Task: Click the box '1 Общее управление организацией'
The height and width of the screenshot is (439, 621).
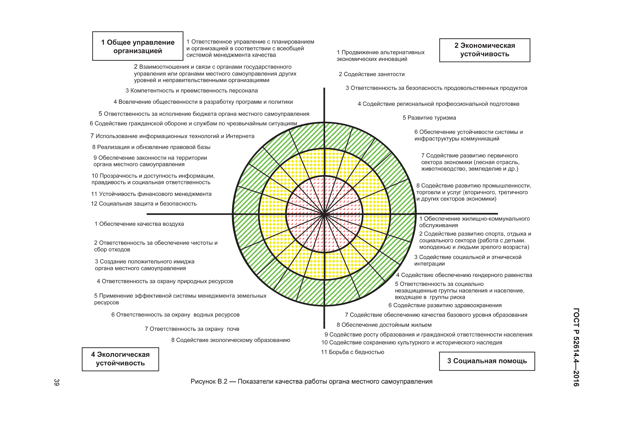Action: (x=138, y=46)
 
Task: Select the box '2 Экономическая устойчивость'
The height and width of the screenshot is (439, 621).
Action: (x=484, y=50)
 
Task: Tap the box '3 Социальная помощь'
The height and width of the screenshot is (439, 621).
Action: (x=487, y=361)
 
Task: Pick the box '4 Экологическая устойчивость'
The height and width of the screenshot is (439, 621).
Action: (x=120, y=359)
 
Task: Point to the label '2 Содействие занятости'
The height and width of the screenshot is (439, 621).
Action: (x=372, y=74)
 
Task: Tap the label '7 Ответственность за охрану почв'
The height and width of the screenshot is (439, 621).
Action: (x=192, y=329)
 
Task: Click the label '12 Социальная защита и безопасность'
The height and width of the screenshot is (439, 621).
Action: (x=144, y=204)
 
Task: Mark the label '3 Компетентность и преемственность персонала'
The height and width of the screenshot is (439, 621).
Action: (x=191, y=91)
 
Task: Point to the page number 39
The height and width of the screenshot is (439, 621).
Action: (x=56, y=382)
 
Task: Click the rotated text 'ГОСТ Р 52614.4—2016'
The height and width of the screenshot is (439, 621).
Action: (x=576, y=347)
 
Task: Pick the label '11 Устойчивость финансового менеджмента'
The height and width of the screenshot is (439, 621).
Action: (x=151, y=194)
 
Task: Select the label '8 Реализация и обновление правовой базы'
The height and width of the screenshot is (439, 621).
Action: (x=151, y=147)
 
